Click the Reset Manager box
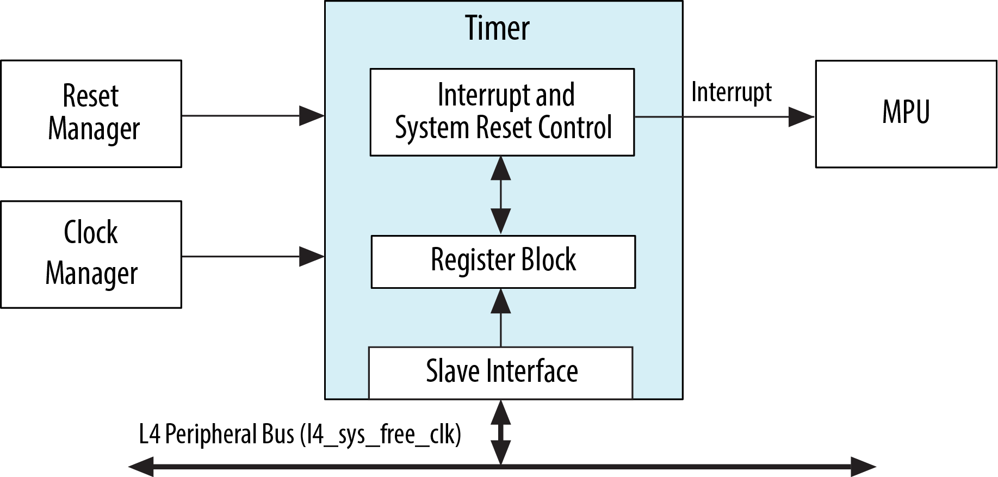click(x=91, y=113)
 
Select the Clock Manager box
click(x=91, y=254)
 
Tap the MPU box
click(x=906, y=113)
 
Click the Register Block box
click(x=503, y=261)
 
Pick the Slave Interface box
click(x=501, y=372)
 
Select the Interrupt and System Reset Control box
click(x=502, y=112)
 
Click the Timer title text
click(x=497, y=28)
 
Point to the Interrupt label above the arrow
click(x=731, y=92)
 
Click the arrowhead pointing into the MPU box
click(x=802, y=116)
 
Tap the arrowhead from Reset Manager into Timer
click(x=312, y=115)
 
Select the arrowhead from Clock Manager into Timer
click(x=312, y=256)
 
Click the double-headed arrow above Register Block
click(x=501, y=195)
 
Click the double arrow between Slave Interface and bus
click(x=501, y=432)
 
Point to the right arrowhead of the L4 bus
click(x=863, y=467)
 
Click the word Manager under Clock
click(x=91, y=274)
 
